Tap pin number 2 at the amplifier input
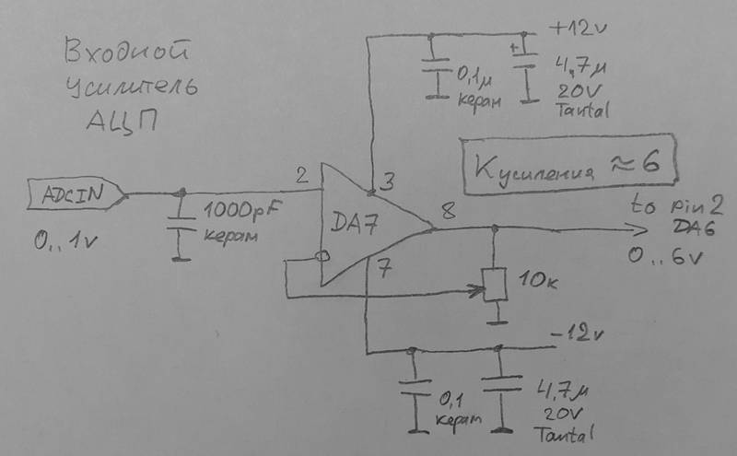301,174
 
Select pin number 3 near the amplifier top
388,181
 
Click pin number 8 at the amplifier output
448,213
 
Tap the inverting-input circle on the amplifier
322,256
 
